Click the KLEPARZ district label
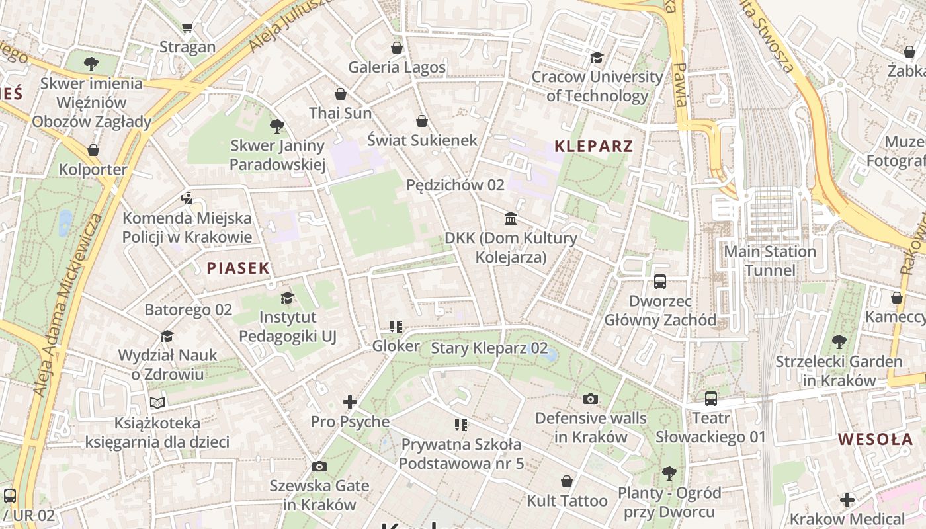(x=593, y=146)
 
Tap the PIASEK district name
(x=238, y=268)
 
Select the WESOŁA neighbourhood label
(x=875, y=439)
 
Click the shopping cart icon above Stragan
(x=187, y=27)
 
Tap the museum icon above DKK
(x=511, y=218)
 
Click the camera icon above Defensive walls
(x=591, y=399)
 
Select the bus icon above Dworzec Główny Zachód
(x=659, y=282)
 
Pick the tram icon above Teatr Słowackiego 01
(x=711, y=399)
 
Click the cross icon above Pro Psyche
(x=350, y=401)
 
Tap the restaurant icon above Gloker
(x=396, y=326)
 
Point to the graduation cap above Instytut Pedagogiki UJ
(x=287, y=298)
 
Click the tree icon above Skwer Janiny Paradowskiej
(x=277, y=126)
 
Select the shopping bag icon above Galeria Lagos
(x=397, y=48)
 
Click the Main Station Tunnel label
(x=770, y=261)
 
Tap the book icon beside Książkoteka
(x=157, y=403)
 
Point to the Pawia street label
(x=679, y=85)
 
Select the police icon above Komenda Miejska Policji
(x=187, y=198)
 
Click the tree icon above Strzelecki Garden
(x=839, y=342)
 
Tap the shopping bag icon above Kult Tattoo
(x=567, y=481)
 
